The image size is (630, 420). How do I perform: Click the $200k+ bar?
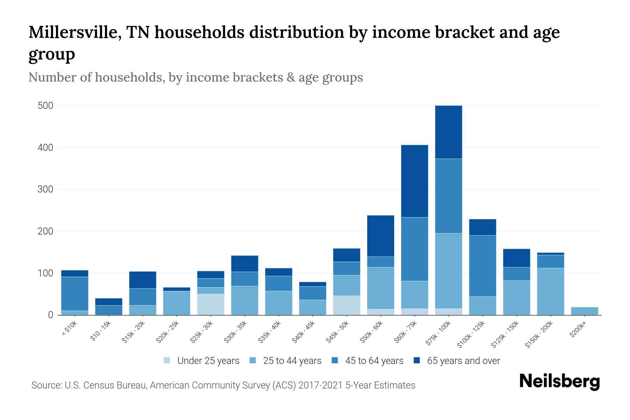584,311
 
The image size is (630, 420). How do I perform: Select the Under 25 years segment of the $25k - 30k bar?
211,304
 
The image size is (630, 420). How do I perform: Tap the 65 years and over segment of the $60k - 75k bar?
415,181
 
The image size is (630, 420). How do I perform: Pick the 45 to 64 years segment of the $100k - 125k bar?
483,266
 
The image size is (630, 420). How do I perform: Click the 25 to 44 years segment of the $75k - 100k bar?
449,271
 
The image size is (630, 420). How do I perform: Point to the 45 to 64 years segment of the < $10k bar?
75,294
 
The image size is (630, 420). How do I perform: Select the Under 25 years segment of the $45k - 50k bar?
346,305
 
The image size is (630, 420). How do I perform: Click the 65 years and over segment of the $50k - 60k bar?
381,236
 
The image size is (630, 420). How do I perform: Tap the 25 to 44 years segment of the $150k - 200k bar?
551,292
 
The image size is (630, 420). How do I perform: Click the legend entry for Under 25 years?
202,361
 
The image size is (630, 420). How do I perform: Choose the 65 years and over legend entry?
457,361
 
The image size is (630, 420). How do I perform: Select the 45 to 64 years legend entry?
367,361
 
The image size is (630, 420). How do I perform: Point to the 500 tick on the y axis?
45,106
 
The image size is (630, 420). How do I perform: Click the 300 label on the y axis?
45,189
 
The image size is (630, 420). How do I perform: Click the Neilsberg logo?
560,381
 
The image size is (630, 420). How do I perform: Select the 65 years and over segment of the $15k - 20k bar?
143,280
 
